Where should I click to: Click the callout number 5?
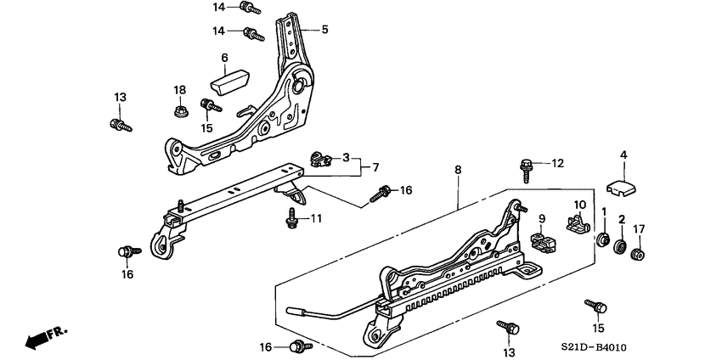pyautogui.click(x=324, y=29)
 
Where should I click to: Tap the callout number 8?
pyautogui.click(x=458, y=171)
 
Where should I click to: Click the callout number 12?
pyautogui.click(x=557, y=163)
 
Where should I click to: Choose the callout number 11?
pyautogui.click(x=316, y=219)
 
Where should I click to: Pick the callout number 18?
pyautogui.click(x=179, y=90)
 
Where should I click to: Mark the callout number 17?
pyautogui.click(x=640, y=227)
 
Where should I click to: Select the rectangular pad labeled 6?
pyautogui.click(x=228, y=82)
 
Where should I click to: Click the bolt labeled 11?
pyautogui.click(x=290, y=220)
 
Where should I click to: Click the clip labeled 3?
pyautogui.click(x=321, y=157)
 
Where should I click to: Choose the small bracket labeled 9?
pyautogui.click(x=539, y=240)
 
